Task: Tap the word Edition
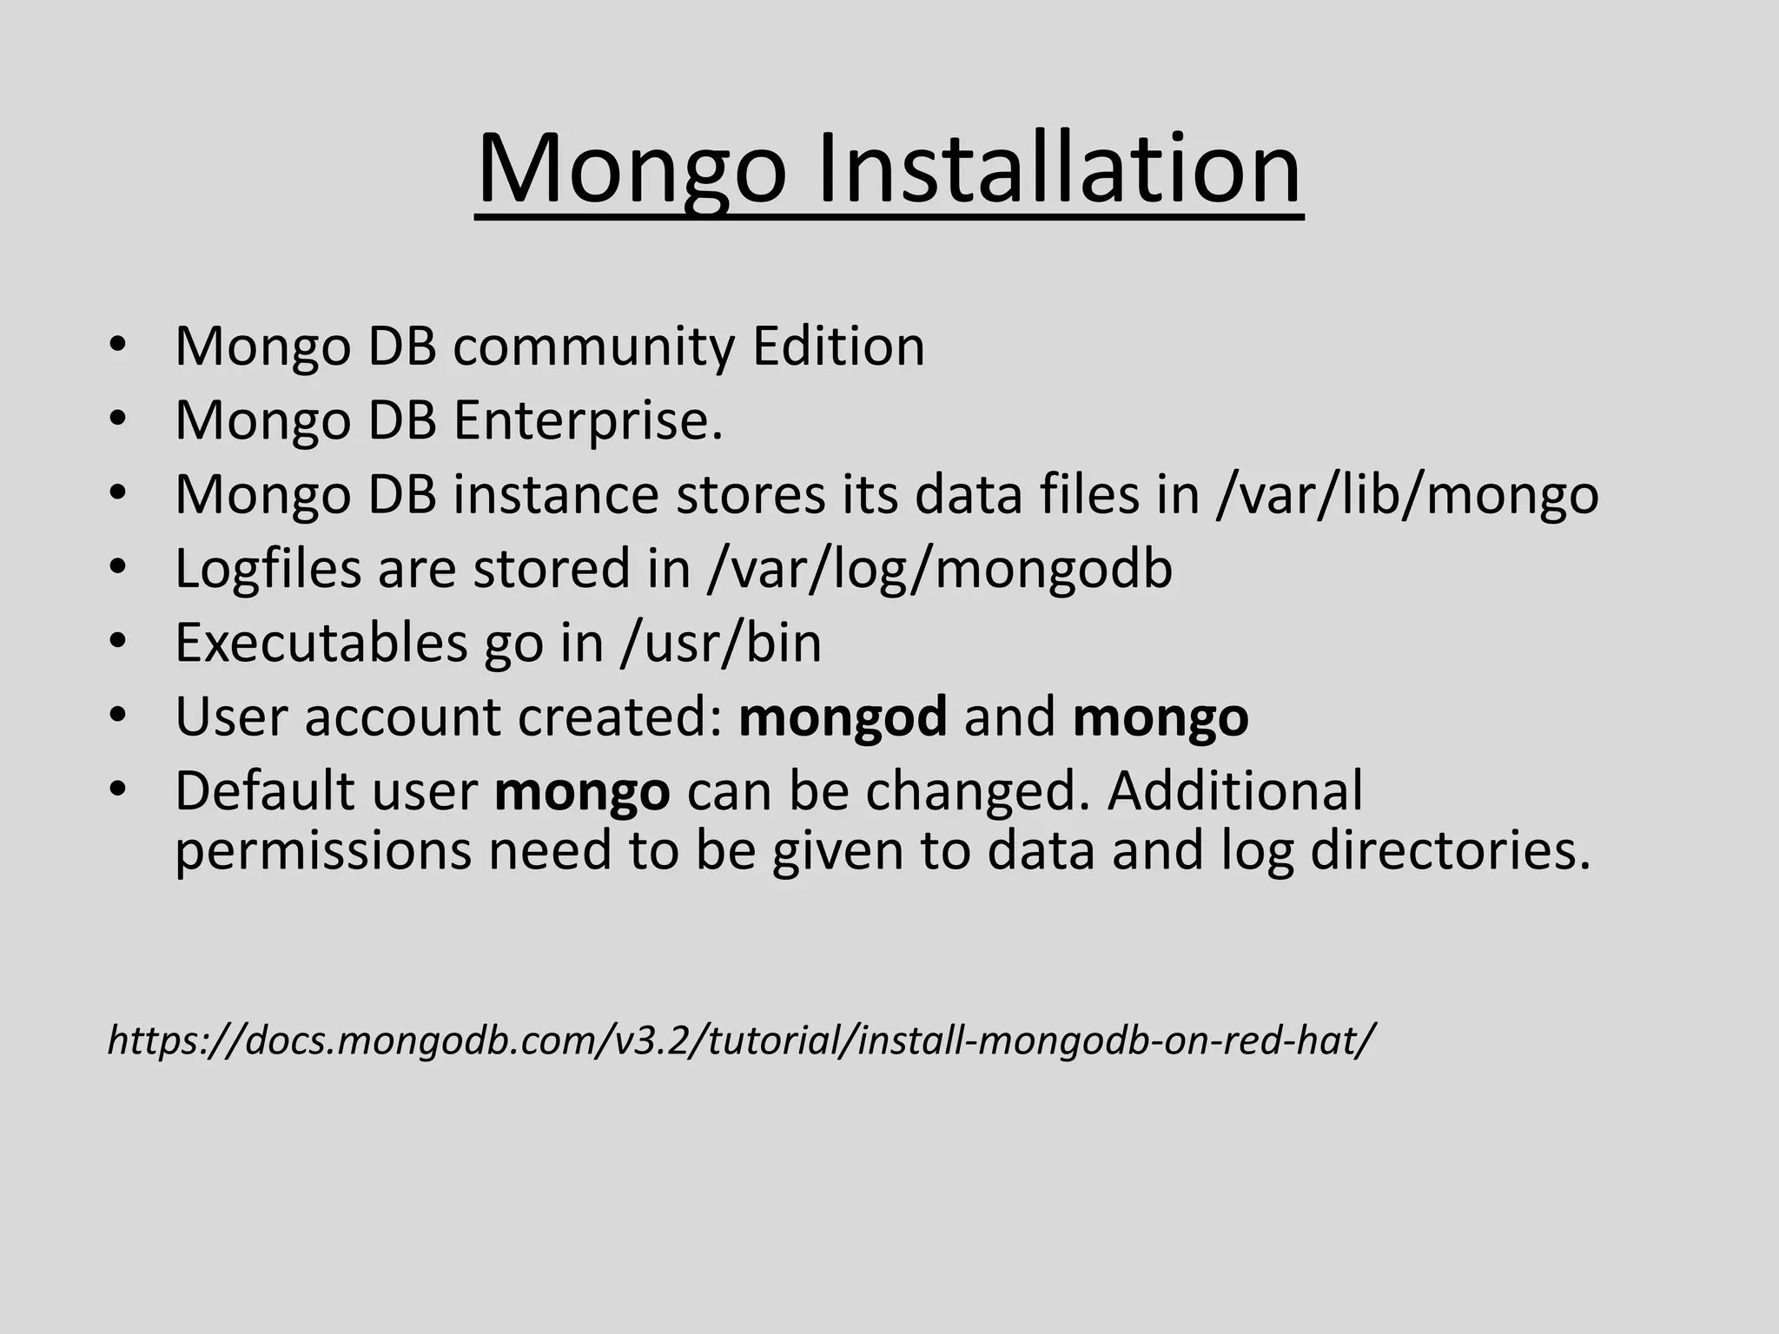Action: coord(838,347)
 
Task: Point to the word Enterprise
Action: coord(588,421)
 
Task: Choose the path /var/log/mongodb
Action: coord(940,570)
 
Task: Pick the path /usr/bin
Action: coord(721,644)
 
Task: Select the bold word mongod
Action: coord(843,718)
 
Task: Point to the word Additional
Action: coord(1234,791)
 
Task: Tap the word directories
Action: coord(1450,851)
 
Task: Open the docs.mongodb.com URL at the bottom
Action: coord(741,1040)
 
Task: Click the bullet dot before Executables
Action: coord(118,644)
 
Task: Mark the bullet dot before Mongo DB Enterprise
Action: coord(118,421)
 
